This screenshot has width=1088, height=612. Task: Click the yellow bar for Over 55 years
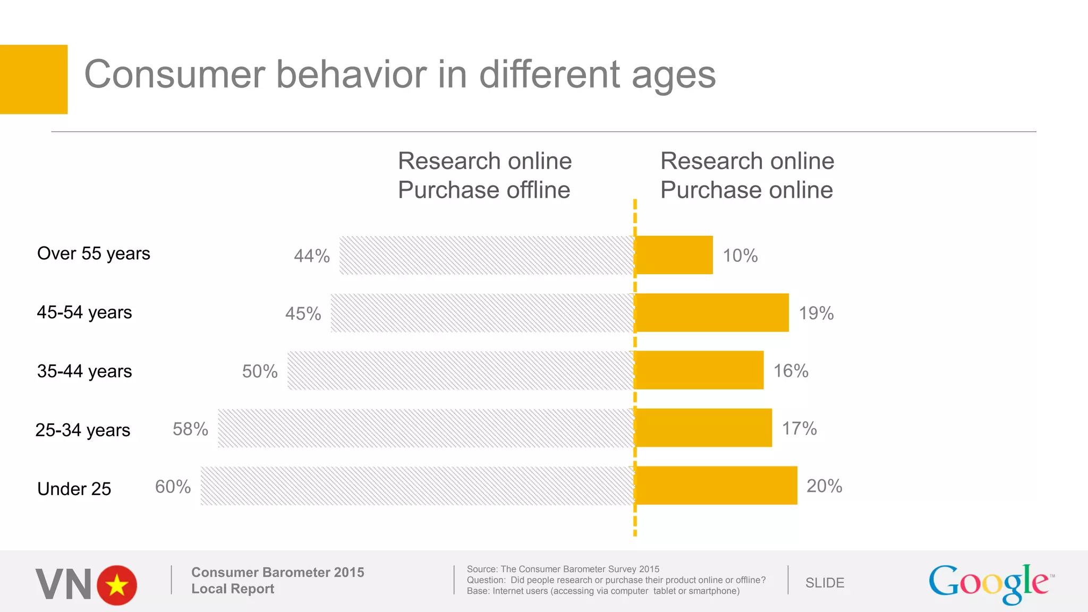(674, 255)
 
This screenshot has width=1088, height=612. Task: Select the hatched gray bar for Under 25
(417, 486)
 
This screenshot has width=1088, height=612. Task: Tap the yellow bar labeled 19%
(712, 312)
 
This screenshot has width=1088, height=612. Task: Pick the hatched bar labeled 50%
(461, 370)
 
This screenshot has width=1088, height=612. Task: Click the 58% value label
(190, 429)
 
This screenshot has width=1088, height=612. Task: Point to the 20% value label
(824, 486)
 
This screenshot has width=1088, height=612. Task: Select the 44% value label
(312, 256)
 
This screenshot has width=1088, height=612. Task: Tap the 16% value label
(790, 371)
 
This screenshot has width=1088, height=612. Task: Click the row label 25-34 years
(83, 430)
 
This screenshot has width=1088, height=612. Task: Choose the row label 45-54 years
(84, 312)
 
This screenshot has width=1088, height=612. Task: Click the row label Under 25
(74, 489)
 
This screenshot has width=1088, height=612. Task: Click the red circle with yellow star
(117, 585)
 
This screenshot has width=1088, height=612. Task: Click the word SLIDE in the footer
(824, 583)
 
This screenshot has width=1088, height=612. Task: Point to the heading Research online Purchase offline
(484, 175)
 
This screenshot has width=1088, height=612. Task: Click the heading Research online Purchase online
(747, 175)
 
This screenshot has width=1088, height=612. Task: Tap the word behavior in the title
(351, 74)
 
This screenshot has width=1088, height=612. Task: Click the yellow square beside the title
(33, 79)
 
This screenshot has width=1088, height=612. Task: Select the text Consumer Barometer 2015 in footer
(277, 572)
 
